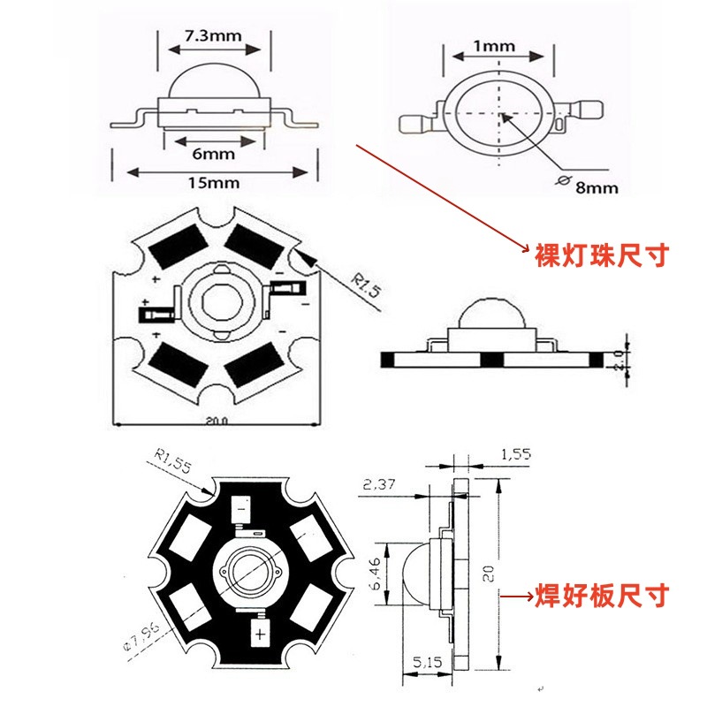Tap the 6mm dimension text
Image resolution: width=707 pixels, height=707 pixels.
point(213,153)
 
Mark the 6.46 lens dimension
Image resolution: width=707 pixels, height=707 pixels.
point(376,574)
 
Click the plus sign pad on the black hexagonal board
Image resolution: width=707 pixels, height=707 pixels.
point(261,635)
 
